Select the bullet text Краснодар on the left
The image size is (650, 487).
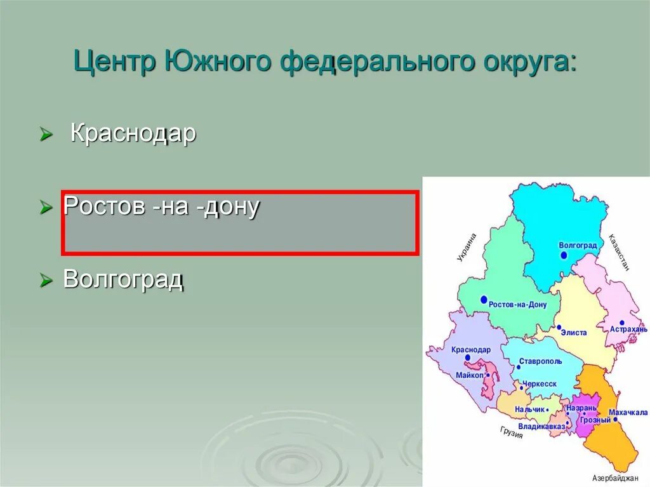133,134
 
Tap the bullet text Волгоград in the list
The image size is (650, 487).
123,279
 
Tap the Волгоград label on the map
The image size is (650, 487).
578,244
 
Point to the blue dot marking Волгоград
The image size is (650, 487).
564,255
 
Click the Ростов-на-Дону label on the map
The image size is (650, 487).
517,305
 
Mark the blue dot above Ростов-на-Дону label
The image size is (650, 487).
484,299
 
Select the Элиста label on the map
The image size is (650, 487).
573,332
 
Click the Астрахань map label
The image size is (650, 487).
628,330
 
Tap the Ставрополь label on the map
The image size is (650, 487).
540,361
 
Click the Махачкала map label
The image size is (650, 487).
628,412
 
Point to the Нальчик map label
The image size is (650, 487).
530,410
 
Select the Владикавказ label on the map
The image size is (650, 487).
541,426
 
